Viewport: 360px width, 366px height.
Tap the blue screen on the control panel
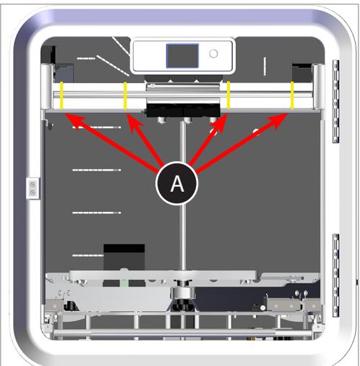[181, 56]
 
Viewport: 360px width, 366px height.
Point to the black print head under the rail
[181, 109]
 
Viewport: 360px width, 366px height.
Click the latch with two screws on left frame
[32, 189]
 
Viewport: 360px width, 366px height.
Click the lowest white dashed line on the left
[88, 255]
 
